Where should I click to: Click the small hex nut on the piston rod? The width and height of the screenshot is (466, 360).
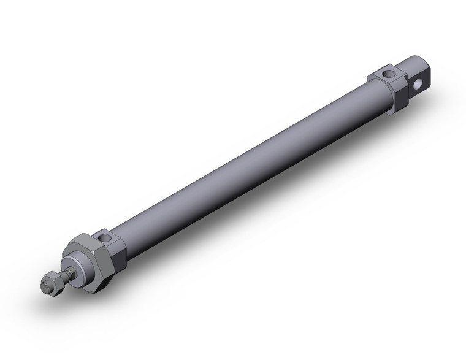click(x=50, y=283)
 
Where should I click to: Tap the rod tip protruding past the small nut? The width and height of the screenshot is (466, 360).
click(x=43, y=287)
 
